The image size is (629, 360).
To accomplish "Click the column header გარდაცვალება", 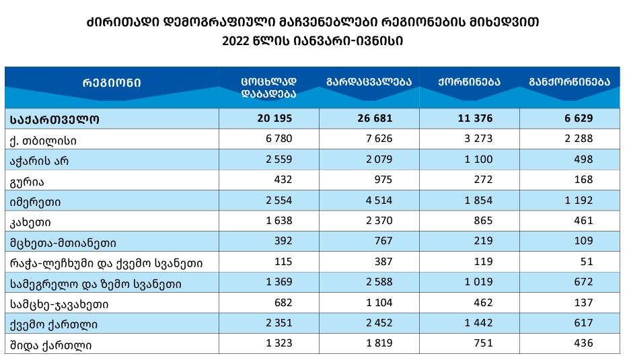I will [x=369, y=82].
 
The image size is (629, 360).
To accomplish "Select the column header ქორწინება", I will [x=468, y=82].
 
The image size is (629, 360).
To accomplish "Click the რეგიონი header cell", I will [x=112, y=83].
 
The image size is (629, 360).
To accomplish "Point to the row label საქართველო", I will [x=55, y=118].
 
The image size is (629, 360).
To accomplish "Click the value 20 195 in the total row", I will [x=276, y=118].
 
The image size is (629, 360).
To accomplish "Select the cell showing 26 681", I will [x=375, y=118].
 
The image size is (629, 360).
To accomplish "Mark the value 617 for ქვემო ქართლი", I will [x=583, y=324].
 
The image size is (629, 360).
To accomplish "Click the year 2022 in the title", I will [x=236, y=40].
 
